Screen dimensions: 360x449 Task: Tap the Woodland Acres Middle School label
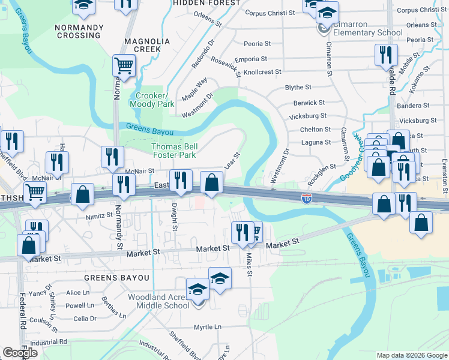coord(158,301)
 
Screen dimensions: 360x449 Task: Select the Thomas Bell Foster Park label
coord(173,151)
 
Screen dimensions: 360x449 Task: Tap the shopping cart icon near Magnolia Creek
coord(124,65)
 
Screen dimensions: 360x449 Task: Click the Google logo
coord(20,353)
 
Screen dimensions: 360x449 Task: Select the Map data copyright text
coord(411,355)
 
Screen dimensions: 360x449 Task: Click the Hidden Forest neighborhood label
coord(197,3)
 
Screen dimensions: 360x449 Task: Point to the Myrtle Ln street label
coord(207,327)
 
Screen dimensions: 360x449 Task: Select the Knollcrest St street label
coord(262,72)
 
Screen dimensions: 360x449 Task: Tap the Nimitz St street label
coord(99,214)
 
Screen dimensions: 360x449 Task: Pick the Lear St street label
coord(233,160)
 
